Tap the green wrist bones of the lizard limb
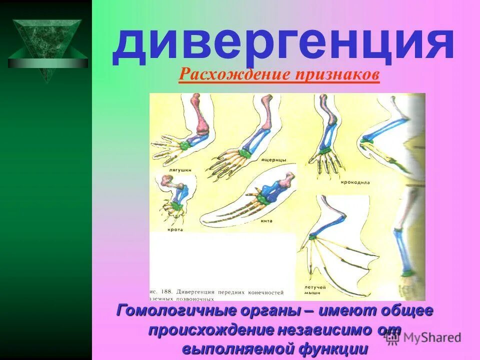tap(245, 153)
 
